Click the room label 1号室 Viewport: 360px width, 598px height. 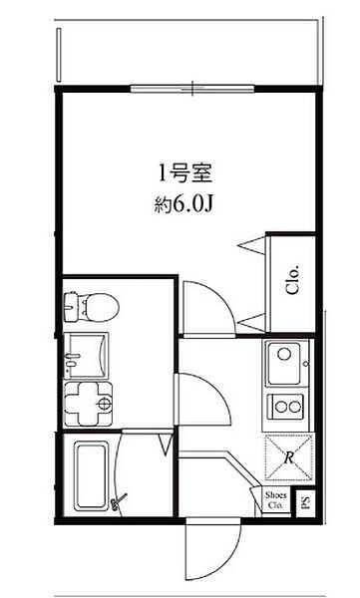[184, 173]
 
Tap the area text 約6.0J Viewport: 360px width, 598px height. [182, 205]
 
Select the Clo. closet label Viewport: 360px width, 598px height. [292, 279]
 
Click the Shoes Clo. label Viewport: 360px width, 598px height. [275, 500]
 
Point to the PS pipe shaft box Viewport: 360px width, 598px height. [306, 503]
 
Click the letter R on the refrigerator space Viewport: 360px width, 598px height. [289, 456]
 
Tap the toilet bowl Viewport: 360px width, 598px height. [100, 307]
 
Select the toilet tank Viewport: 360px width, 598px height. [72, 307]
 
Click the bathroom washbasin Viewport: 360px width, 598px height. [86, 356]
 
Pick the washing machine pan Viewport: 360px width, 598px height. [88, 405]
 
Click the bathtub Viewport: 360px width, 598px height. [91, 475]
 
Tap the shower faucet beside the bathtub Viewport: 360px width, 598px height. [118, 501]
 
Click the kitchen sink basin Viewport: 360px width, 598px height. [284, 364]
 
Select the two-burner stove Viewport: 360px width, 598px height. [286, 407]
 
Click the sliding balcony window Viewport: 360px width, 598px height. [192, 89]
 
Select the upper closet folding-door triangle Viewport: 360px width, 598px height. [252, 245]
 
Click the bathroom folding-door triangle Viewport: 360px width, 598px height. [166, 444]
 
